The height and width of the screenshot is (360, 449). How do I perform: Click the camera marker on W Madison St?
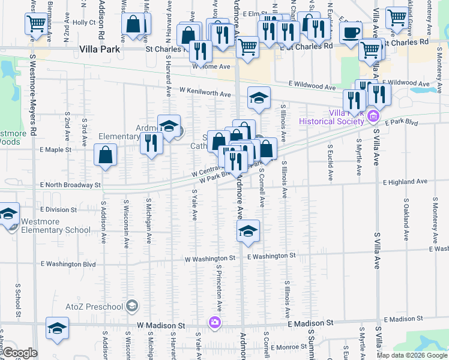click(214, 323)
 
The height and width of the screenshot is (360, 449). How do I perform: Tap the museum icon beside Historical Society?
click(373, 115)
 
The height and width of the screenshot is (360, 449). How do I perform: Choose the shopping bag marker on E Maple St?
click(106, 155)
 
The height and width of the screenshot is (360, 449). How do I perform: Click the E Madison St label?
click(309, 323)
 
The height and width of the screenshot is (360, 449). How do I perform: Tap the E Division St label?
click(58, 210)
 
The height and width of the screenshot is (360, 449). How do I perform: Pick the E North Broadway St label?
click(70, 185)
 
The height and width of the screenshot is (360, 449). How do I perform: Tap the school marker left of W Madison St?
click(57, 328)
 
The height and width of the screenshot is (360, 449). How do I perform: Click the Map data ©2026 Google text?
click(411, 355)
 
